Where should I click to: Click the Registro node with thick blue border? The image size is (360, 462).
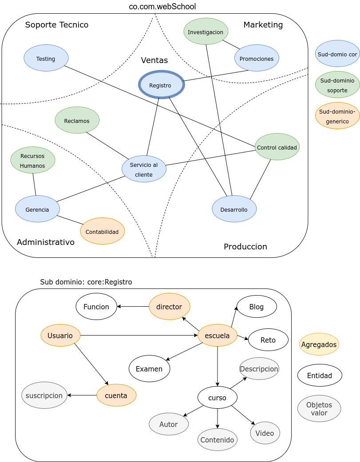(x=161, y=85)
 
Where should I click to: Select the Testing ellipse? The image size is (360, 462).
(x=46, y=58)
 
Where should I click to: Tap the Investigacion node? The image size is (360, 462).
(x=206, y=32)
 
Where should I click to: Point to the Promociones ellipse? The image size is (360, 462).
(x=257, y=58)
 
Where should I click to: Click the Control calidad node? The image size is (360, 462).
(x=277, y=147)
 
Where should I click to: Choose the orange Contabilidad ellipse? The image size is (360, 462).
(x=103, y=231)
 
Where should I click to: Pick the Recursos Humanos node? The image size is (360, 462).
(x=33, y=160)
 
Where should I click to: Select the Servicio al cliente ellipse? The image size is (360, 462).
(x=144, y=169)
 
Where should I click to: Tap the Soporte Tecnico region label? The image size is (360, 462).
(x=57, y=25)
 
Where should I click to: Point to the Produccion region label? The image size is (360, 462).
(x=245, y=247)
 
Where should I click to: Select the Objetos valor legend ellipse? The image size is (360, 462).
(x=319, y=409)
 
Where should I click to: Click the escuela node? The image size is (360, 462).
(x=218, y=336)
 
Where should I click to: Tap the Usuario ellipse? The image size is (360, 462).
(x=60, y=336)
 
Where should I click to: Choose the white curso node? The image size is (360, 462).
(x=218, y=398)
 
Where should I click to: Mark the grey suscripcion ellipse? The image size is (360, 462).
(x=44, y=395)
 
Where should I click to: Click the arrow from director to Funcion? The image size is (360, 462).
(x=133, y=306)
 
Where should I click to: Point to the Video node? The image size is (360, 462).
(x=265, y=433)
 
